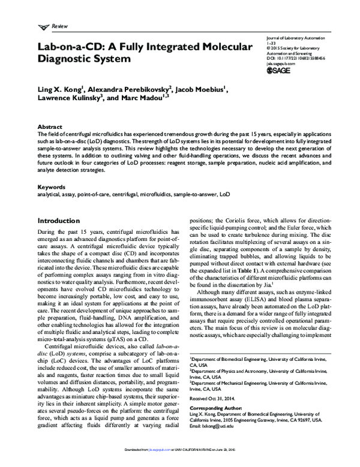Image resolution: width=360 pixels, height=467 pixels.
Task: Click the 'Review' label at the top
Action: [x=61, y=27]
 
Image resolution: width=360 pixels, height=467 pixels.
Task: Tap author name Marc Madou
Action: [x=145, y=98]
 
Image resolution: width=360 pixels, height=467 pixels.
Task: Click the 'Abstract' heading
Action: [x=49, y=128]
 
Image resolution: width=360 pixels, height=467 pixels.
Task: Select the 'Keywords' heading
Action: [x=51, y=188]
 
